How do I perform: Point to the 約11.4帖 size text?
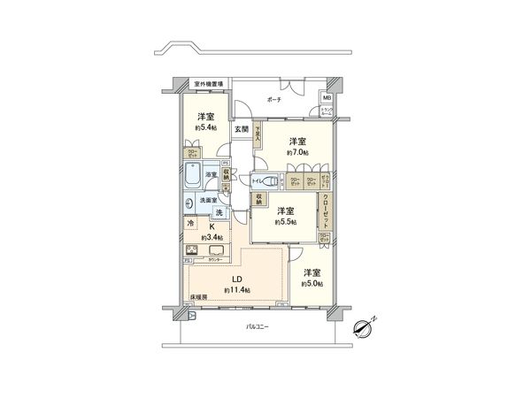pos(237,290)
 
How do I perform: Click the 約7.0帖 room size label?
pos(297,151)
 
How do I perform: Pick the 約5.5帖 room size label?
pos(284,221)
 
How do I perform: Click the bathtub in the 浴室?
pos(196,177)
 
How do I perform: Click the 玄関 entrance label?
pos(242,129)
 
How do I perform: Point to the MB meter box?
pos(326,97)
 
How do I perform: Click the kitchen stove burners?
pos(192,249)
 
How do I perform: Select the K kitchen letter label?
pos(211,226)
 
